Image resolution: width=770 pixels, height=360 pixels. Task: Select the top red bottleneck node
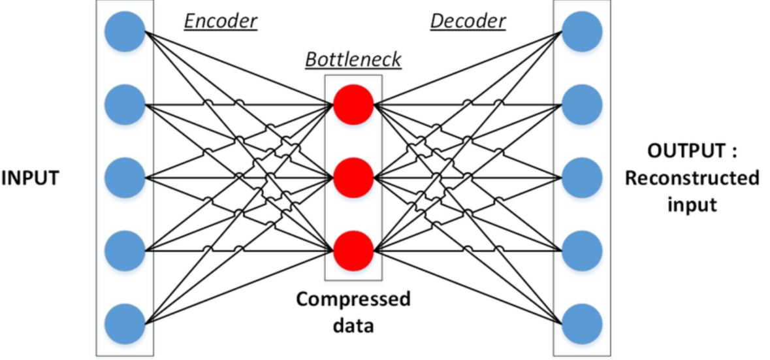tap(353, 104)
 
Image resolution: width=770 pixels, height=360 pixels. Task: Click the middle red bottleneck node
tap(353, 176)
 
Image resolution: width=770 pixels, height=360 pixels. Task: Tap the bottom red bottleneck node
tap(353, 250)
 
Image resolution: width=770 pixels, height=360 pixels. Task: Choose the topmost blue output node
tap(582, 31)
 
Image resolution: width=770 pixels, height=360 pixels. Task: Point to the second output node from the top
tap(582, 103)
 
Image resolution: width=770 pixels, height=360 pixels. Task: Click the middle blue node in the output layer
tap(582, 176)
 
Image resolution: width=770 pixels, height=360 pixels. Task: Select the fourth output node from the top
tap(582, 249)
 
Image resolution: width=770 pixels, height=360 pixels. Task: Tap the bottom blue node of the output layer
tap(582, 322)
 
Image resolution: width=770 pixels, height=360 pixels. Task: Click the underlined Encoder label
tap(221, 21)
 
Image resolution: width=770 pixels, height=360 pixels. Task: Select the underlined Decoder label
tap(468, 21)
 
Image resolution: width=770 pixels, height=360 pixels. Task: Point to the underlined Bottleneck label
tap(353, 60)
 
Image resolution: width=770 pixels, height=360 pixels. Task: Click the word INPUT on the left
tap(30, 178)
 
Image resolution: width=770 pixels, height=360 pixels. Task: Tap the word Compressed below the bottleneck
tap(353, 300)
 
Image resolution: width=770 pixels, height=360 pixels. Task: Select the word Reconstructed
tap(692, 178)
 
